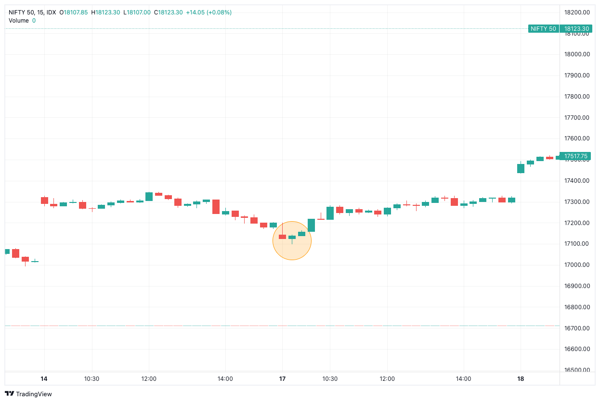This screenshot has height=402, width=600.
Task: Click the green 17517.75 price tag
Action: pyautogui.click(x=575, y=156)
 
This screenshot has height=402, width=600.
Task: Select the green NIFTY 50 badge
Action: pyautogui.click(x=543, y=29)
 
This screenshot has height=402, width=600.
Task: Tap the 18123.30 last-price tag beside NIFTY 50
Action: pyautogui.click(x=576, y=29)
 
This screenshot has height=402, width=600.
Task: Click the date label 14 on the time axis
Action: pyautogui.click(x=44, y=379)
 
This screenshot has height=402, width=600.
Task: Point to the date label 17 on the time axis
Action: pyautogui.click(x=282, y=379)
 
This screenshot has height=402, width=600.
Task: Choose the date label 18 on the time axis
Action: pyautogui.click(x=520, y=379)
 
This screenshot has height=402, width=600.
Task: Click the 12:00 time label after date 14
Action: pyautogui.click(x=149, y=379)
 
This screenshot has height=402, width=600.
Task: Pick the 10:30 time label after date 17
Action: pyautogui.click(x=330, y=379)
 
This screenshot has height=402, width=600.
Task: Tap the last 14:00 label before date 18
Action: pyautogui.click(x=463, y=379)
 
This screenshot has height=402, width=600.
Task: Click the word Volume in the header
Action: pyautogui.click(x=19, y=21)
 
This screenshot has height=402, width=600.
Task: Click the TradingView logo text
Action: pyautogui.click(x=34, y=394)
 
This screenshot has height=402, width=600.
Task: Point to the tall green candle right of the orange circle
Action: pyautogui.click(x=311, y=225)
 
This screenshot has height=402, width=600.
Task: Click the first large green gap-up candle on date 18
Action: pyautogui.click(x=521, y=168)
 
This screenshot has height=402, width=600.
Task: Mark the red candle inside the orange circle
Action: pyautogui.click(x=282, y=237)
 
